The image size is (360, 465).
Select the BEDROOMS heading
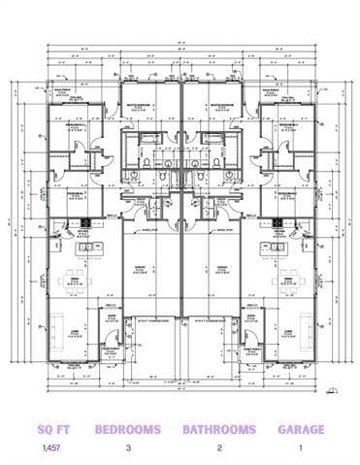coord(127,428)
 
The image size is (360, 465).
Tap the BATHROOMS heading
coord(219,428)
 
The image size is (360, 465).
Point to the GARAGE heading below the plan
coord(301,428)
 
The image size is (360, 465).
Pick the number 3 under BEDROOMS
coord(127,448)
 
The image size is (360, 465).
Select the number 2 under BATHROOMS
coord(219,448)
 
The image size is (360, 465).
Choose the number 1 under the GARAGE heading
coord(301,448)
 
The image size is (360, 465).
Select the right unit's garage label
coord(217,264)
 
